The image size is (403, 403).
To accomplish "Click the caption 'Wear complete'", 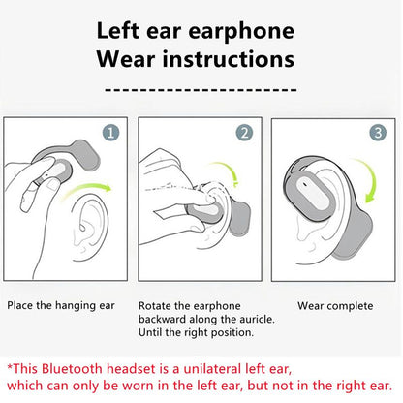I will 335,306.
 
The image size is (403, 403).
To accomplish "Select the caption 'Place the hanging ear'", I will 61,306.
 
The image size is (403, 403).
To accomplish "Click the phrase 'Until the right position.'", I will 197,333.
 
